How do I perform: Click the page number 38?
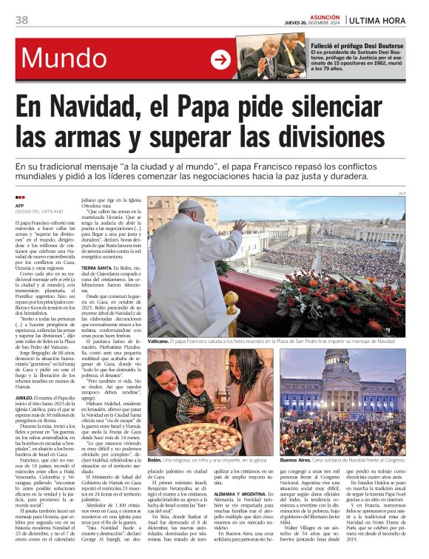click(22, 20)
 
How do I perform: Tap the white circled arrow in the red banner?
click(220, 59)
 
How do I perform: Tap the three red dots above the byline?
click(20, 197)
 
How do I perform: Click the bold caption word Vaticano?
click(158, 341)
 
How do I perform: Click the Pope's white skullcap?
click(191, 205)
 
